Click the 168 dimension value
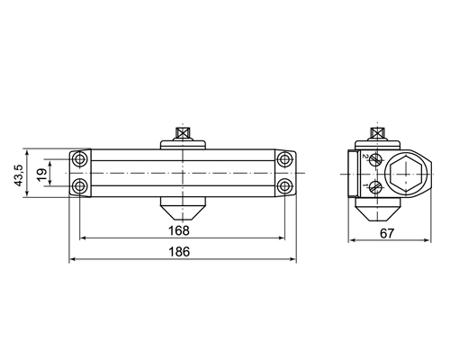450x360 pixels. tap(179, 230)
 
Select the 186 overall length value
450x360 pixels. tap(179, 252)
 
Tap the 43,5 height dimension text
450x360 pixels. tap(19, 175)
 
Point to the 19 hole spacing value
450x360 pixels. tap(42, 175)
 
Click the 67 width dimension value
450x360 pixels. tap(387, 233)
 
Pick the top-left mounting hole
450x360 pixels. tap(79, 159)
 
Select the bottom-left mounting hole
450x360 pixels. tap(79, 186)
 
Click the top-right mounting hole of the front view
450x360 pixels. tap(284, 159)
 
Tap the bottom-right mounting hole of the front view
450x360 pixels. tap(284, 186)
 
